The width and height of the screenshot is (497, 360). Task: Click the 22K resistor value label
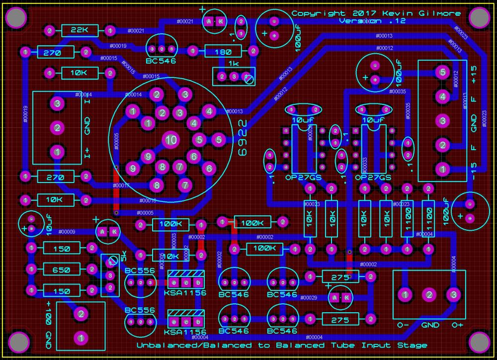[x=79, y=31]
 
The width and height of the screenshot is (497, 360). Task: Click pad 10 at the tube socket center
[x=171, y=140]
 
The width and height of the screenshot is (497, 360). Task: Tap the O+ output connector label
[x=458, y=325]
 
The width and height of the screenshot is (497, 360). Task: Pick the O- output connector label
[x=403, y=325]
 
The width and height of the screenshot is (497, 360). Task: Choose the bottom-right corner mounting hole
[x=479, y=342]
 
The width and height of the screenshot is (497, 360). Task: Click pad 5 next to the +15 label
[x=442, y=72]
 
